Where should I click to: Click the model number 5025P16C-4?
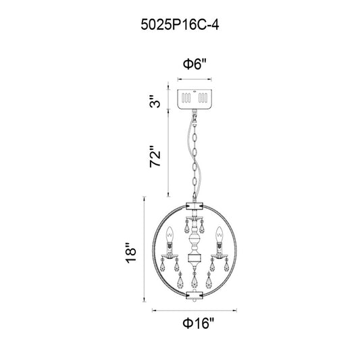[x=180, y=25]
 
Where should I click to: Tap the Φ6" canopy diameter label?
[x=195, y=63]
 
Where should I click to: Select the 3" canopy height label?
[x=155, y=101]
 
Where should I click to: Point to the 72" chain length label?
[x=155, y=156]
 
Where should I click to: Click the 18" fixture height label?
[x=131, y=253]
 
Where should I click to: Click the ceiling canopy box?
[x=195, y=99]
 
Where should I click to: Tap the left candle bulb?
[x=170, y=235]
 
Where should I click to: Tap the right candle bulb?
[x=220, y=235]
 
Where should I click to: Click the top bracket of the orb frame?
[x=195, y=206]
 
